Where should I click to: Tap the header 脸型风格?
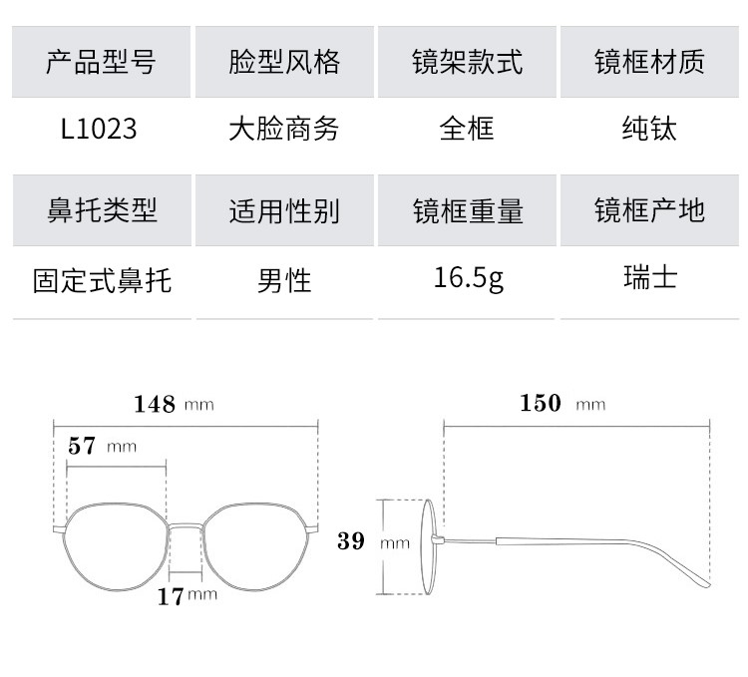tap(284, 63)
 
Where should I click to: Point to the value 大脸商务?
tap(284, 129)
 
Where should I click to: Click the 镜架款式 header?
tap(467, 63)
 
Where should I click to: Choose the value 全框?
tap(467, 129)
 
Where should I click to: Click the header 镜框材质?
tap(649, 63)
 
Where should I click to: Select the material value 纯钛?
tap(649, 129)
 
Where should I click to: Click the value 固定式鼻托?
tap(102, 280)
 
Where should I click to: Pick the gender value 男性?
tap(284, 280)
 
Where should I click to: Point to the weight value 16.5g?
tap(468, 278)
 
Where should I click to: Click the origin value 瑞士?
tap(649, 278)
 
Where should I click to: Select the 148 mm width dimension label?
tap(174, 404)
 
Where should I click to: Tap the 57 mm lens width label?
tap(101, 446)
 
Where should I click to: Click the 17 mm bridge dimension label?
tap(187, 596)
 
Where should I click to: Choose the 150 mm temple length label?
tap(561, 404)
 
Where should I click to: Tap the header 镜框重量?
tap(467, 210)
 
